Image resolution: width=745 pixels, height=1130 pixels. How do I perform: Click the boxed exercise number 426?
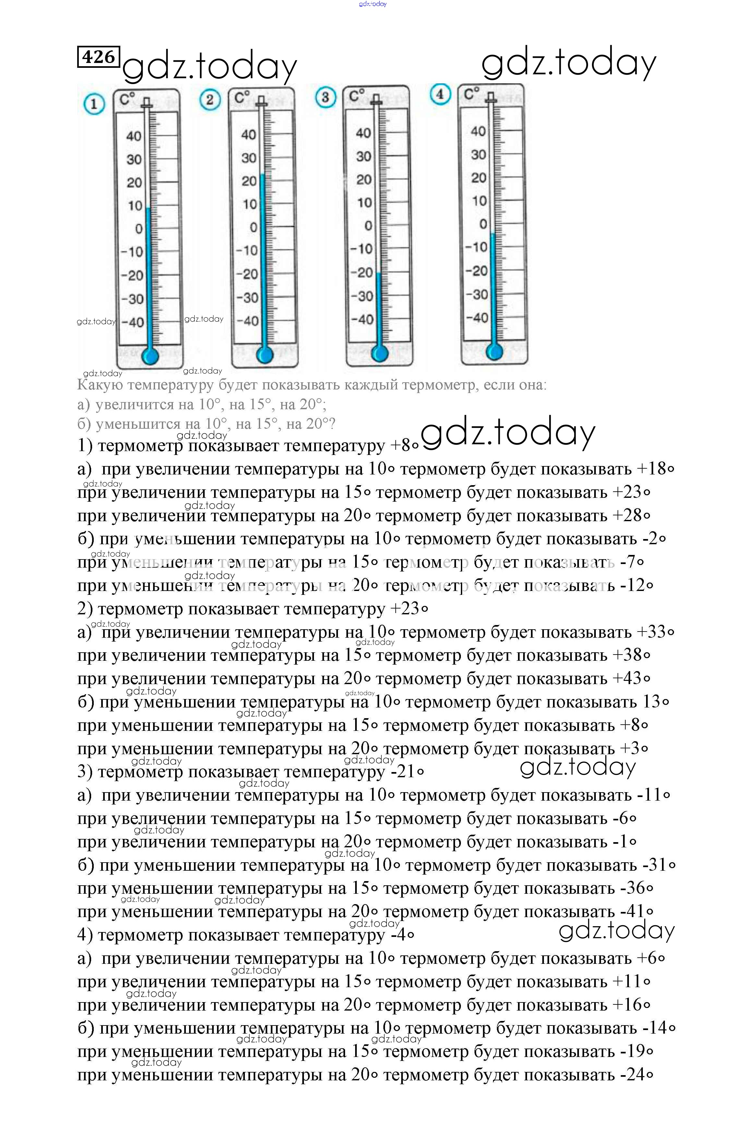click(98, 57)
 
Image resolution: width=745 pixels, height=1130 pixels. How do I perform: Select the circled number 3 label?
click(325, 97)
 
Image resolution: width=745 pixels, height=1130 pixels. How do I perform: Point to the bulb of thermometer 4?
click(495, 351)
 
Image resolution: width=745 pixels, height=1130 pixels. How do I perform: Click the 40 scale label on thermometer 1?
click(134, 136)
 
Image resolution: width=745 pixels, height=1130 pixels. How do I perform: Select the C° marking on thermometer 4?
click(472, 94)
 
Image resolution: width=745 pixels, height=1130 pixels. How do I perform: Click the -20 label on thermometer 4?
click(476, 271)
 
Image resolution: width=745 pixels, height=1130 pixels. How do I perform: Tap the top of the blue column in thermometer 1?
click(148, 208)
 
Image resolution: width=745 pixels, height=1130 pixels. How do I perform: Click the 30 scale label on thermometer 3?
click(364, 156)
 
